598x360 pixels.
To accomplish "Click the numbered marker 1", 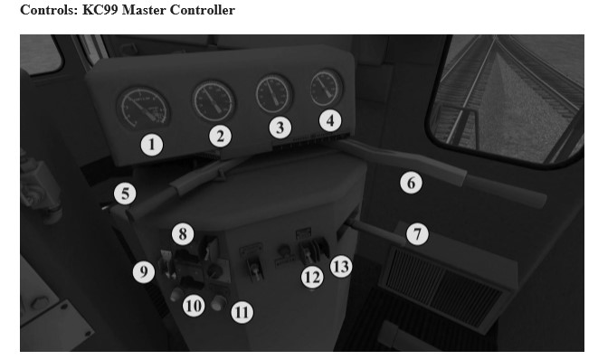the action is click(152, 145).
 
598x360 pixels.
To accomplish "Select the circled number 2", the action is click(220, 137).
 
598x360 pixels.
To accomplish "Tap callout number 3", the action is click(280, 128).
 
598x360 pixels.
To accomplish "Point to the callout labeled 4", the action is click(330, 120).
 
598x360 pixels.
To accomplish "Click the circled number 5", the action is click(125, 194).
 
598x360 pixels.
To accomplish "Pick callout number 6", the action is click(411, 183).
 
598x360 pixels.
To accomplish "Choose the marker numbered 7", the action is click(417, 233).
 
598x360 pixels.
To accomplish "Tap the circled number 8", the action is click(183, 233).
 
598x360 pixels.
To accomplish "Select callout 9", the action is click(144, 272).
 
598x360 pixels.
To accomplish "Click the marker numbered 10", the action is click(194, 306).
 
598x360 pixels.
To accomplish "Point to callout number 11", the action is click(242, 312).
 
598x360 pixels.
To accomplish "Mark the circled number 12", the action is click(312, 278).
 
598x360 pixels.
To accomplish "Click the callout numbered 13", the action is click(341, 266).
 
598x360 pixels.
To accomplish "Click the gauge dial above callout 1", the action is click(144, 109).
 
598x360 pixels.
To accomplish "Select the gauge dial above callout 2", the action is click(214, 100).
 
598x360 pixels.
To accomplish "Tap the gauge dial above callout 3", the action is click(274, 94).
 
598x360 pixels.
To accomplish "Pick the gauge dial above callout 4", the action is click(326, 89).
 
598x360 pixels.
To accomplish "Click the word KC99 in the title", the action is click(100, 10).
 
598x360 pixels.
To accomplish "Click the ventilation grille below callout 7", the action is click(442, 287).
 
